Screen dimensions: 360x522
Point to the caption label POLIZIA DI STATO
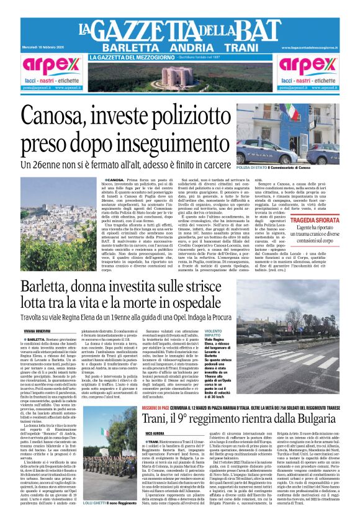pos(251,168)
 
